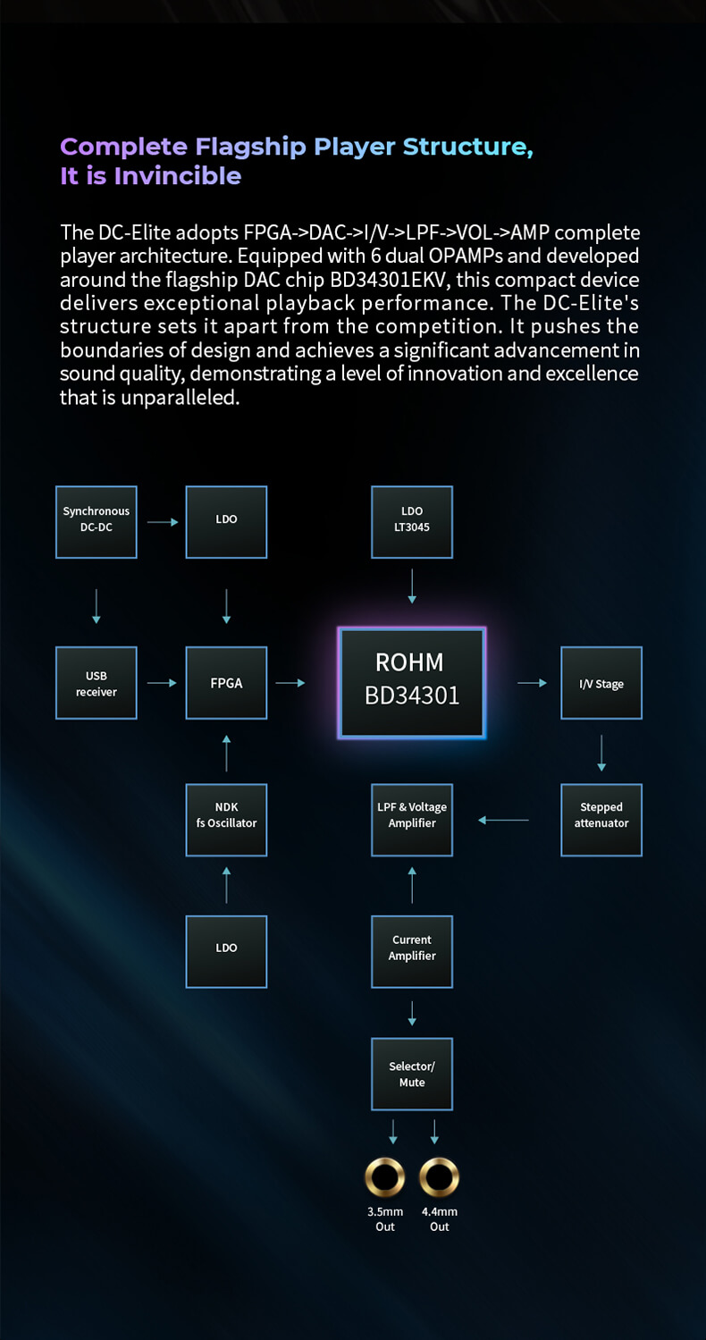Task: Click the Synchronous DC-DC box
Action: point(97,522)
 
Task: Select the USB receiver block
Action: point(97,683)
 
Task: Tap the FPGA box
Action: point(226,683)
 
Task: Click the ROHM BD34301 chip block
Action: point(412,683)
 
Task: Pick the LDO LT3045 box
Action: point(412,522)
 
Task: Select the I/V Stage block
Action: point(601,683)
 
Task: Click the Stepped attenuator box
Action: point(601,820)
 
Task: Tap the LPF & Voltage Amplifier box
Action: point(412,820)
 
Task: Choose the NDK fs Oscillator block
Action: point(226,820)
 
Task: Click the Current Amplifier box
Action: point(412,951)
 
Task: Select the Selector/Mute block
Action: point(412,1074)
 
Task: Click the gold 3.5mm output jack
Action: point(385,1178)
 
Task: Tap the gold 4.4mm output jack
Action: point(439,1178)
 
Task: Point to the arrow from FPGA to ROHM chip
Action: point(290,683)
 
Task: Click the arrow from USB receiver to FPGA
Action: point(162,683)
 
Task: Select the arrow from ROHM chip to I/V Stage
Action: point(533,683)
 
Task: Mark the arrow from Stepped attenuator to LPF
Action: point(504,820)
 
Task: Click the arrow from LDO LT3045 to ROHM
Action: point(412,586)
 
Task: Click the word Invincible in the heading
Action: point(178,176)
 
